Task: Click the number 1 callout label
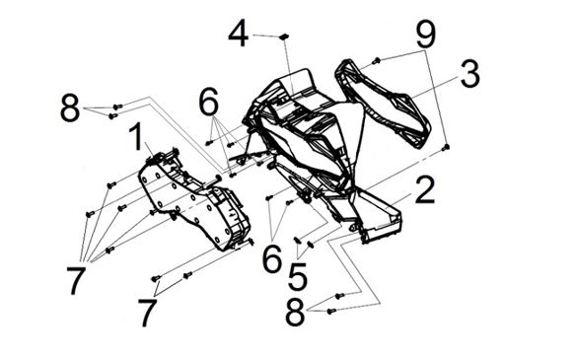pyautogui.click(x=137, y=137)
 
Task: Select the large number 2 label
pyautogui.click(x=425, y=189)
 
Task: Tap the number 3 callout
pyautogui.click(x=469, y=74)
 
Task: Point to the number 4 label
pyautogui.click(x=239, y=34)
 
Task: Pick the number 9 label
pyautogui.click(x=426, y=34)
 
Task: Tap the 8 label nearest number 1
pyautogui.click(x=70, y=108)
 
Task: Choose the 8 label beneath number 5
pyautogui.click(x=295, y=312)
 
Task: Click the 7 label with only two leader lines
pyautogui.click(x=147, y=313)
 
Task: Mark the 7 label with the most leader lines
pyautogui.click(x=76, y=281)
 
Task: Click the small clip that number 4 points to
pyautogui.click(x=284, y=36)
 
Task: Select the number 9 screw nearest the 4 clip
pyautogui.click(x=376, y=61)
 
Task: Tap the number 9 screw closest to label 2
pyautogui.click(x=446, y=147)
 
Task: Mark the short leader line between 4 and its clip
pyautogui.click(x=266, y=36)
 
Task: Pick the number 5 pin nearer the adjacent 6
pyautogui.click(x=297, y=240)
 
